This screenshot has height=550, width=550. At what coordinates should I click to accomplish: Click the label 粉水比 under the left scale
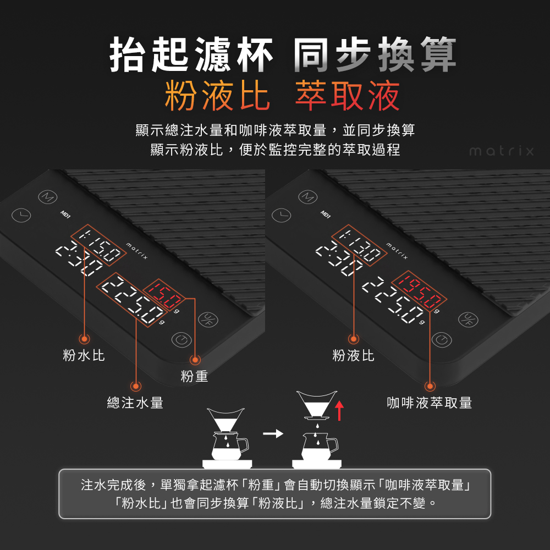(x=84, y=356)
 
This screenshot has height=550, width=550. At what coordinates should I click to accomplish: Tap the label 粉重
(x=194, y=377)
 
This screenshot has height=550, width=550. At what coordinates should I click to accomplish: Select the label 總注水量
(x=135, y=403)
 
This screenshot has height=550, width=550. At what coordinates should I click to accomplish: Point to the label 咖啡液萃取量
(x=430, y=403)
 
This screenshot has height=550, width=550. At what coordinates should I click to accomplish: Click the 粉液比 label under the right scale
(x=353, y=356)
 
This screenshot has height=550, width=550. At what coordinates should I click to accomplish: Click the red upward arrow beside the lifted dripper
(x=339, y=410)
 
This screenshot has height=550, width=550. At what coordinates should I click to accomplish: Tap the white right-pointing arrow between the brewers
(x=273, y=434)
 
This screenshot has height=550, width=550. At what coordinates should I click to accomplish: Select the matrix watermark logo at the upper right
(x=501, y=151)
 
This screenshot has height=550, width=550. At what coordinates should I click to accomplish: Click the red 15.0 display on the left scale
(x=163, y=296)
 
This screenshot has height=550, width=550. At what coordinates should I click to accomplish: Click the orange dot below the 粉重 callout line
(x=194, y=360)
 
